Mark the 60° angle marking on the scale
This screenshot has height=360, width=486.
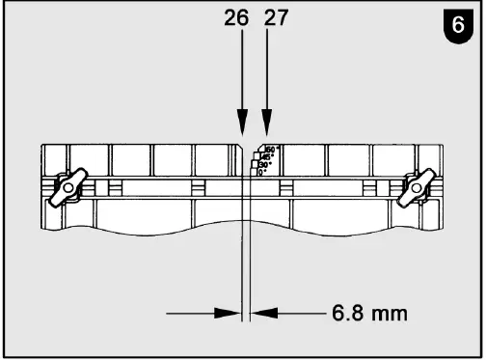click(272, 150)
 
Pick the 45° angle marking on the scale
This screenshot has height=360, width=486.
click(268, 157)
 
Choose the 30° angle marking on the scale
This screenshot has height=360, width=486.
click(264, 165)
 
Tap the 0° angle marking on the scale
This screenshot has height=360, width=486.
click(260, 173)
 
